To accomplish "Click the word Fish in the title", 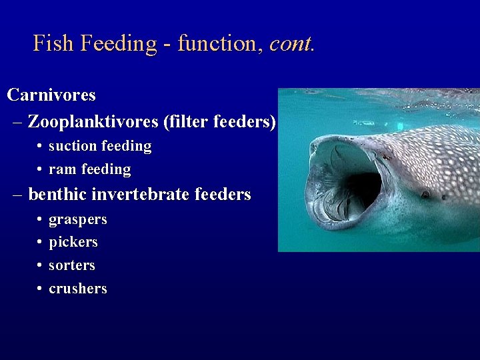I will [x=54, y=43].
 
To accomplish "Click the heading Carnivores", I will [x=51, y=95].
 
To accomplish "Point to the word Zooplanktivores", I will [x=93, y=121].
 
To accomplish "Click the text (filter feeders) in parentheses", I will [x=219, y=121].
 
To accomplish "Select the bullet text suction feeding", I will [x=100, y=145].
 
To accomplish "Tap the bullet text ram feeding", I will [x=89, y=169].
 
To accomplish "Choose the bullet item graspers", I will [x=77, y=219].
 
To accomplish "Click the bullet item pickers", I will [x=73, y=242].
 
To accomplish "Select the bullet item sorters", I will [x=72, y=265].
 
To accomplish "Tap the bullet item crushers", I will [x=77, y=289].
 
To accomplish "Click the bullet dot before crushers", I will [x=41, y=289].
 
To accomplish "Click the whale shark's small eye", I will [x=425, y=195].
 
